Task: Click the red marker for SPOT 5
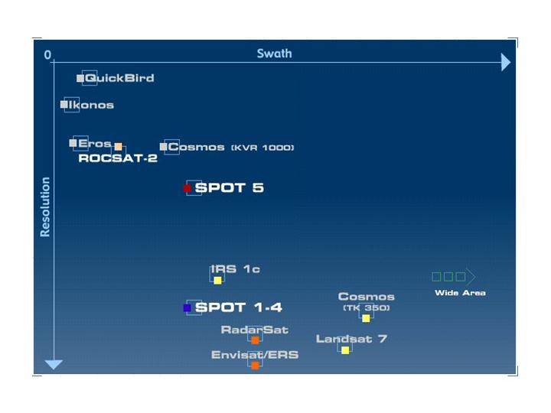pos(187,188)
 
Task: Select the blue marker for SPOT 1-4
pos(187,308)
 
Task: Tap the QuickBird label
pos(119,78)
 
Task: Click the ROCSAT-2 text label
pos(118,159)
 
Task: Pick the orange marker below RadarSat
pos(255,340)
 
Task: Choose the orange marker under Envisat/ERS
pos(255,365)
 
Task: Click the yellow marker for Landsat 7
pos(345,350)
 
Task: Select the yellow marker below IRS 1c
pos(217,281)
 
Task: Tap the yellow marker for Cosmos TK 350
pos(366,318)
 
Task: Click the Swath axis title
pos(274,54)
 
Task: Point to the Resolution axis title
pos(45,206)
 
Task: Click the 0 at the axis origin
pos(47,55)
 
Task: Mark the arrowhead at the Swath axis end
pos(505,63)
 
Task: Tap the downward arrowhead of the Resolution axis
pos(53,364)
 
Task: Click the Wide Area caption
pos(460,293)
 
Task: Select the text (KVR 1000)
pos(262,148)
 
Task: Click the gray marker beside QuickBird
pos(80,79)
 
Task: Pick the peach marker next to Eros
pos(118,146)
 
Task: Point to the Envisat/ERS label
pos(255,355)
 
